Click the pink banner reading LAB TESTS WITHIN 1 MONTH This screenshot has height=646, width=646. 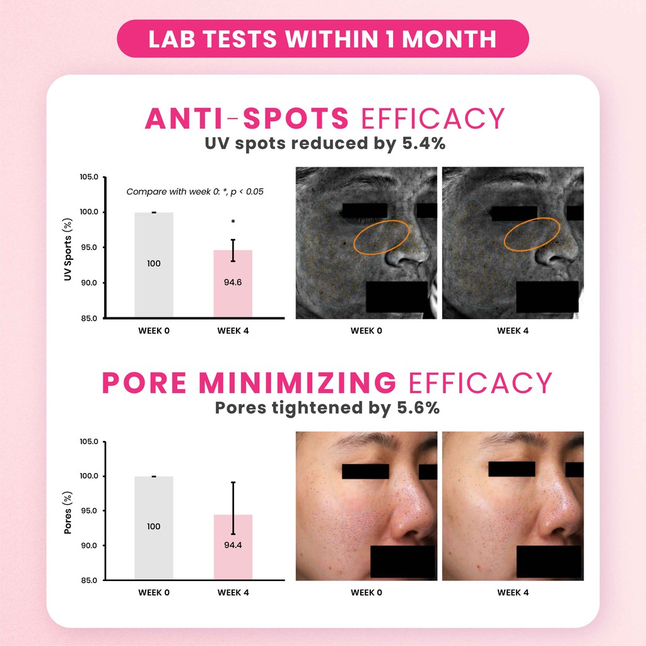coord(322,38)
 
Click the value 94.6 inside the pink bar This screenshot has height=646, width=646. coord(233,282)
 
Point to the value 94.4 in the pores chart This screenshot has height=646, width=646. coord(233,544)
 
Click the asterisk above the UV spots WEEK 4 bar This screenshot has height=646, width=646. coord(233,222)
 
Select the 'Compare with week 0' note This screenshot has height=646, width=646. coord(194,191)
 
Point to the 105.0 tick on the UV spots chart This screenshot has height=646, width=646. coord(89,177)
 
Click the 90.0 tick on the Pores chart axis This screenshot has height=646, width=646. coord(89,546)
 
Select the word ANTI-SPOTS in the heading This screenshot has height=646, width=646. coord(247,119)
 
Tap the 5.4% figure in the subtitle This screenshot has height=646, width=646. coord(423,143)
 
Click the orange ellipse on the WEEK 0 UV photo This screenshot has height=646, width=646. coord(382,235)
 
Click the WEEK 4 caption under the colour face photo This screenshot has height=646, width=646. coord(512,592)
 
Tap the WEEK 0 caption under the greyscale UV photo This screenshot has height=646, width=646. coord(366,331)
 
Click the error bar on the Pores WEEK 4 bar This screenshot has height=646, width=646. coord(233,498)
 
